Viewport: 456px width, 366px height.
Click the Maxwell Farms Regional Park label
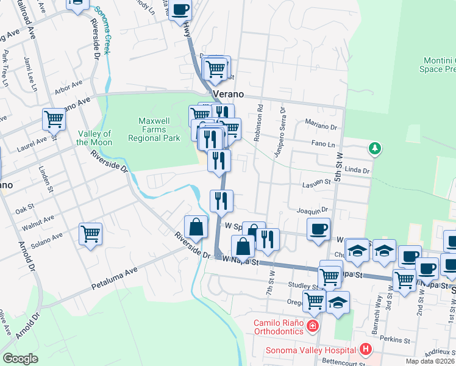(154, 129)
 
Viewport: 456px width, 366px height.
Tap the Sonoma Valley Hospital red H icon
(366, 350)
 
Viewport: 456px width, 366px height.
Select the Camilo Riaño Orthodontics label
(279, 326)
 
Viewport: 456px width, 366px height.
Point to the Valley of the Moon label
(94, 138)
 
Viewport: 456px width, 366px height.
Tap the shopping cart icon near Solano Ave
(90, 234)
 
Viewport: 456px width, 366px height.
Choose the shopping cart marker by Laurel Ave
(54, 118)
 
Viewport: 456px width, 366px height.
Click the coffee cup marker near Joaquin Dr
(318, 229)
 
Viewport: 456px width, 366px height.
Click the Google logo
(20, 359)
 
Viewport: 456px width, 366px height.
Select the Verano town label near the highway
(229, 95)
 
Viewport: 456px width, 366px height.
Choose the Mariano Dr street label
(321, 126)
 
